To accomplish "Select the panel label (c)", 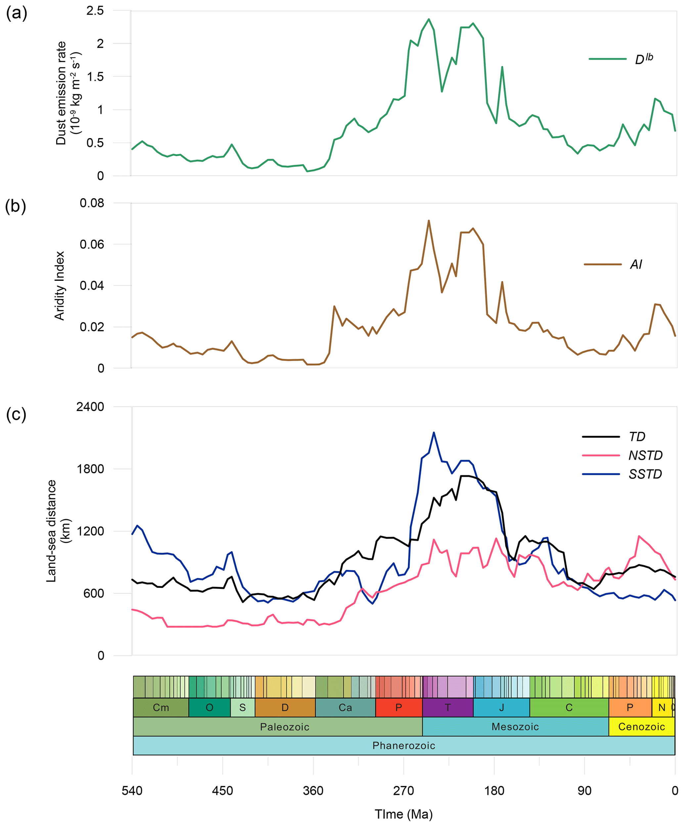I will point(16,414).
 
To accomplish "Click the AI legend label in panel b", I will point(636,264).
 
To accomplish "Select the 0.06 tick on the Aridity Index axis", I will point(92,244).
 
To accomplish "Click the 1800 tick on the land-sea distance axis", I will point(90,469).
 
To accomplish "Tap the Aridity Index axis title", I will point(60,285).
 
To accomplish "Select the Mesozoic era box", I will point(515,727).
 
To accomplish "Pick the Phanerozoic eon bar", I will point(403,746).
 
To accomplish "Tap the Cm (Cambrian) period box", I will point(160,708).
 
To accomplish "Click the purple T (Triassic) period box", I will point(447,708).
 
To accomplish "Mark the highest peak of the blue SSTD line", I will point(434,433).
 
